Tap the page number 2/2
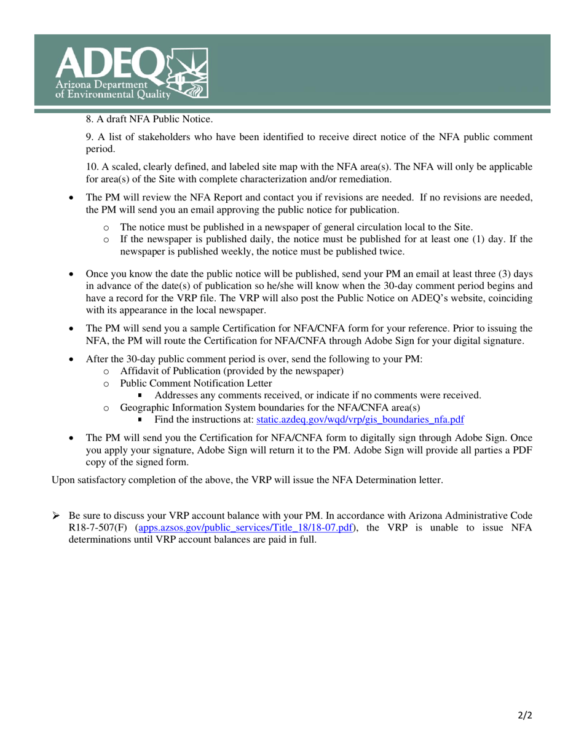coord(523,715)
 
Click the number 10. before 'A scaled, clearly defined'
coord(92,167)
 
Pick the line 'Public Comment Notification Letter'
coord(195,383)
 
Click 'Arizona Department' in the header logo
coord(101,84)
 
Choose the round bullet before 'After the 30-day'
coord(73,359)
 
